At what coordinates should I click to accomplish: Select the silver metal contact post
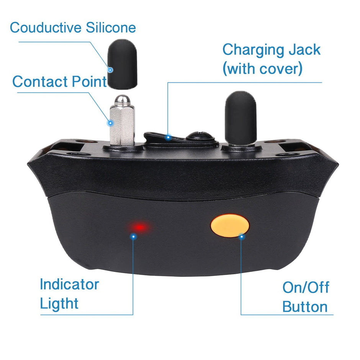click(x=122, y=123)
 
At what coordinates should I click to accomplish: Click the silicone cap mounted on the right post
click(x=240, y=119)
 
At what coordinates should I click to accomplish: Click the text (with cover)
click(x=263, y=69)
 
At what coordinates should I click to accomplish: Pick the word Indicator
click(x=69, y=285)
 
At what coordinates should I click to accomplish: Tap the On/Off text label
click(x=306, y=287)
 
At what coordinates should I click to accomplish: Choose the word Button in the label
click(x=305, y=307)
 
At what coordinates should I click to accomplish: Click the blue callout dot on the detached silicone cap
click(x=110, y=70)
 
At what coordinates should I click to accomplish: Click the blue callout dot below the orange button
click(x=241, y=237)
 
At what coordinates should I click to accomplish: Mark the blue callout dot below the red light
click(x=133, y=237)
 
